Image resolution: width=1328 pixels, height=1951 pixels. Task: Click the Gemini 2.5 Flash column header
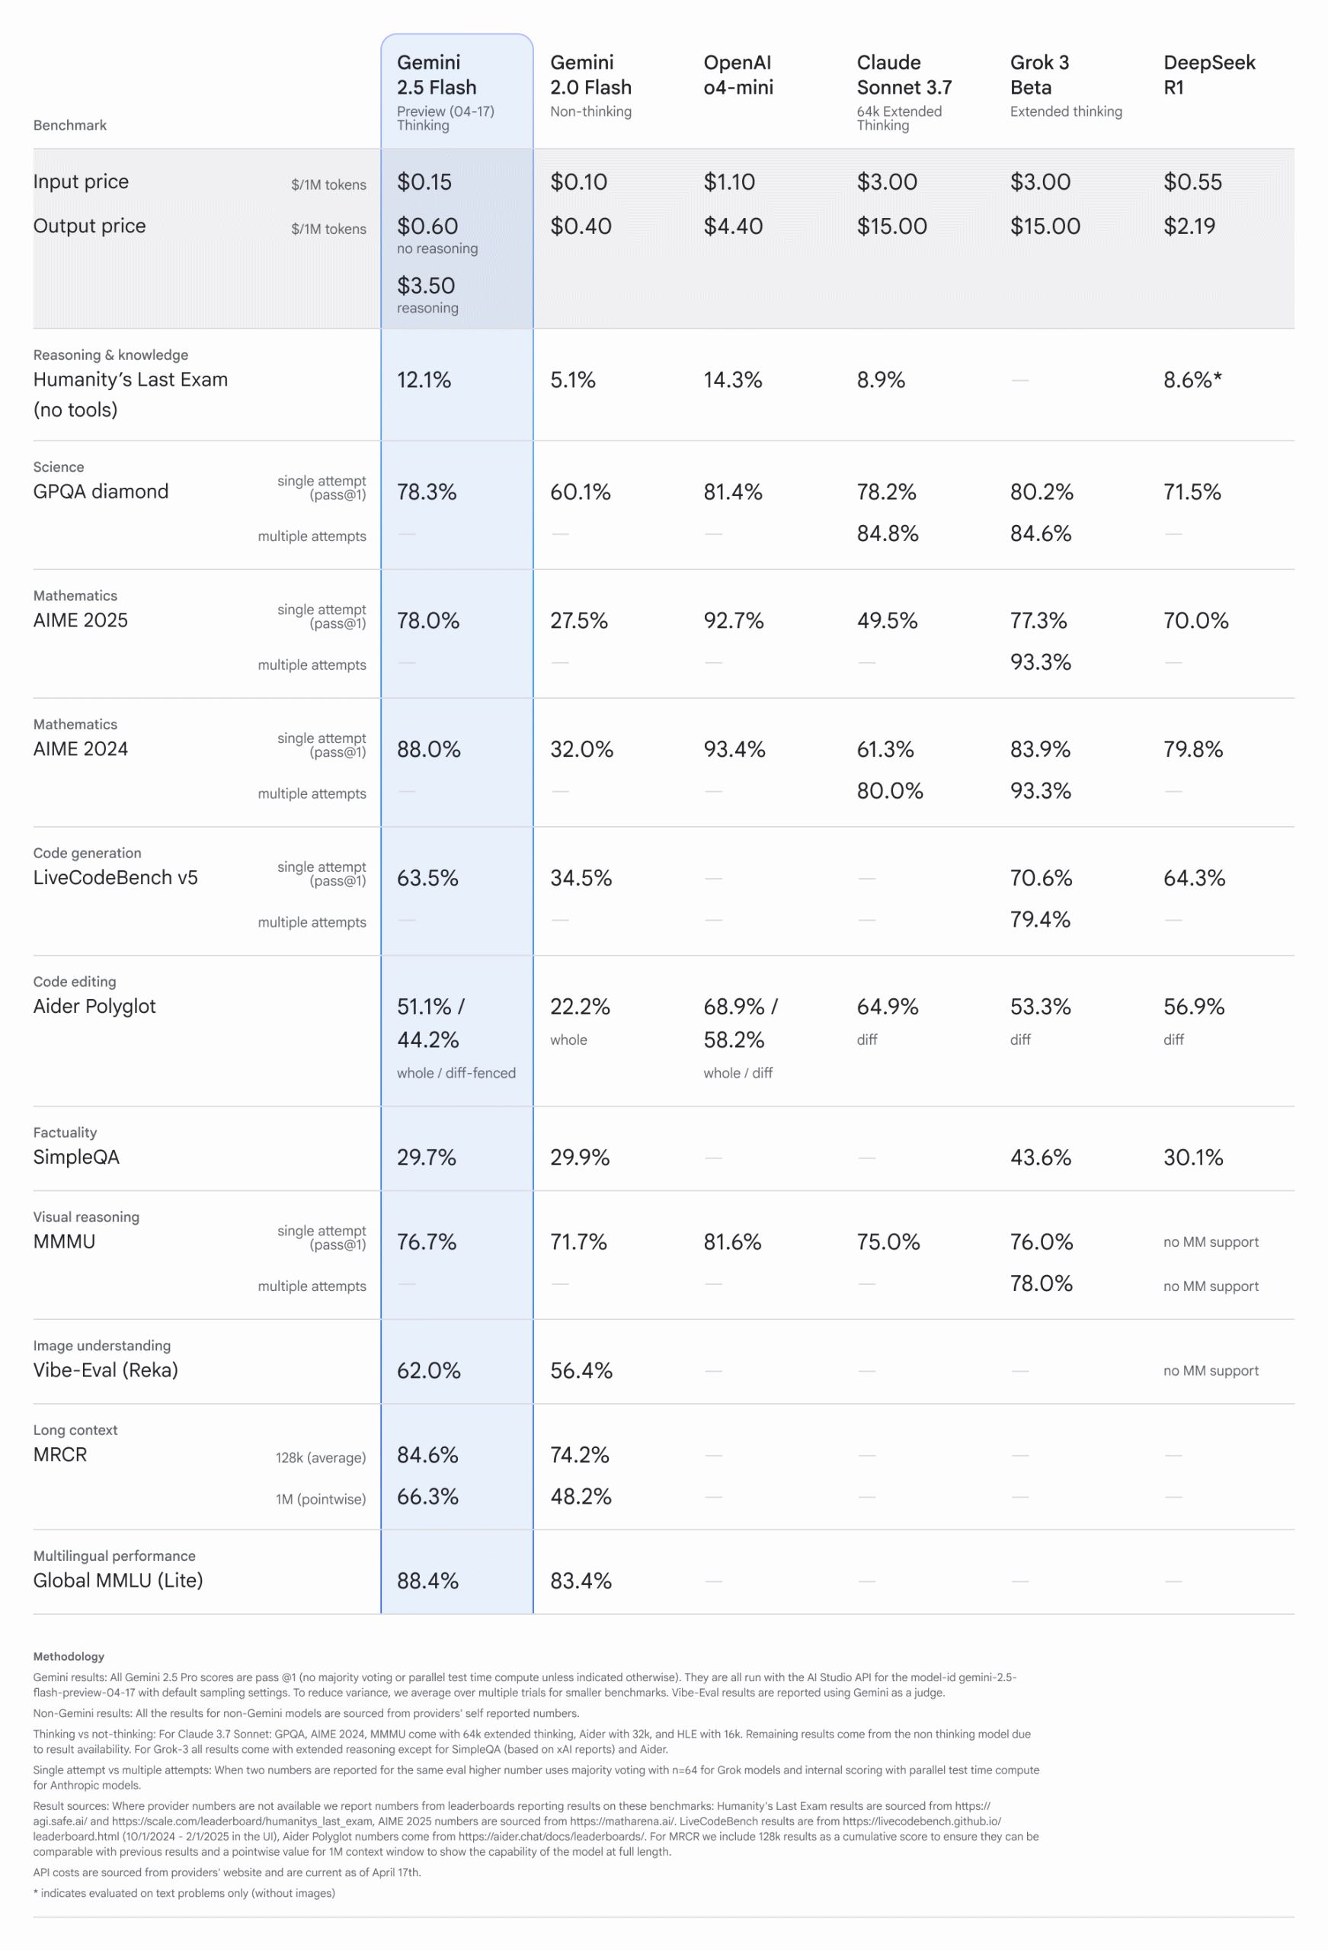click(x=437, y=75)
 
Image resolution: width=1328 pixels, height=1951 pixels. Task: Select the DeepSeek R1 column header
click(x=1209, y=75)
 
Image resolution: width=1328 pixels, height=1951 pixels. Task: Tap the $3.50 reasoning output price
click(x=426, y=287)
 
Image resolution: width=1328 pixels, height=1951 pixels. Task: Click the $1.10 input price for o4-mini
click(x=728, y=182)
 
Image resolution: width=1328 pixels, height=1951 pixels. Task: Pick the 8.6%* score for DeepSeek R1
click(x=1192, y=380)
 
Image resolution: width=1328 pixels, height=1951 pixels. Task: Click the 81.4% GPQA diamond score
click(x=732, y=492)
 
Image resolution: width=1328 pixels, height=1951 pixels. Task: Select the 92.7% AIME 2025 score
click(x=733, y=620)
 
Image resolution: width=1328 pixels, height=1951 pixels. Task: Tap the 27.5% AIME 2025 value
click(x=578, y=620)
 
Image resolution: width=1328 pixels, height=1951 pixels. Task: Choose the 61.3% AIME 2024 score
click(x=885, y=749)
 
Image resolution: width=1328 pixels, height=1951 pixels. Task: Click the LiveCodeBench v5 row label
click(x=115, y=877)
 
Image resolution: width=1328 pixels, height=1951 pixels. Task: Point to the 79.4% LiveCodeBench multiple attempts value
click(x=1040, y=919)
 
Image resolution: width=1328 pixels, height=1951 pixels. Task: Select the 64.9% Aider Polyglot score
click(x=888, y=1007)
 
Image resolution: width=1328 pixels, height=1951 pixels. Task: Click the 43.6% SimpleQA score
click(x=1040, y=1158)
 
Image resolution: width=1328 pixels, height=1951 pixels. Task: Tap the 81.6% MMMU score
click(x=732, y=1241)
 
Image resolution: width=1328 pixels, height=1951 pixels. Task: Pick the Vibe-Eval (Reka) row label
click(x=105, y=1370)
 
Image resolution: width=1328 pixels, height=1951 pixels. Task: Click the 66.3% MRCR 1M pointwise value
click(x=427, y=1497)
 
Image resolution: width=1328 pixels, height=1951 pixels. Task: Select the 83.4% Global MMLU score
click(x=581, y=1581)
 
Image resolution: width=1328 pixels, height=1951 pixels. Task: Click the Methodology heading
click(x=69, y=1656)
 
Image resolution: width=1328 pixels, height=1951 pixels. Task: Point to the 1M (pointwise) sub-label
click(x=321, y=1499)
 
